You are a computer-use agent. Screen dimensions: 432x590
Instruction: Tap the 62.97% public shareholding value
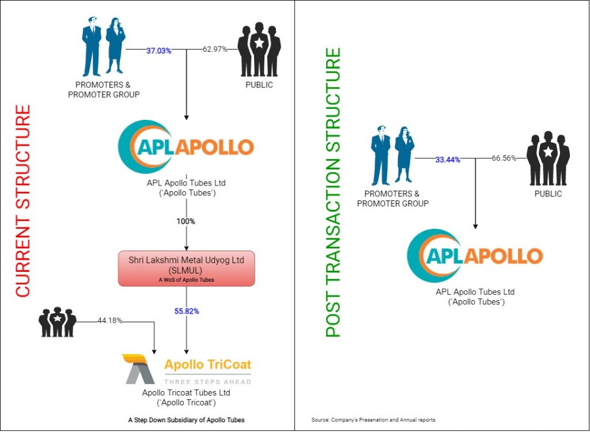[215, 50]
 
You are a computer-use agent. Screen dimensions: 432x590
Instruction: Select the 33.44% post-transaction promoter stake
[448, 160]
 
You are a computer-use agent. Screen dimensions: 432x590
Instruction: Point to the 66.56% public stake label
[504, 157]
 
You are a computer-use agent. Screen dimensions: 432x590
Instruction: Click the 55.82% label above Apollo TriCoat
[187, 312]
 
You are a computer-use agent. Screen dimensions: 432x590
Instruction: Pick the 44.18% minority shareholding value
[110, 321]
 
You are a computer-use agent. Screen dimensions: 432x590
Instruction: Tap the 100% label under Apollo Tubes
[186, 221]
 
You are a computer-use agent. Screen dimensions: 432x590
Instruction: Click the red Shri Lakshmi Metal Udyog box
[186, 268]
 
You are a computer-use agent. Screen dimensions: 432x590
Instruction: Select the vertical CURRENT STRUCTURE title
[22, 201]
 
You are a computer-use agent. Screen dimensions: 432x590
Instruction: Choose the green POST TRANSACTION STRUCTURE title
[334, 192]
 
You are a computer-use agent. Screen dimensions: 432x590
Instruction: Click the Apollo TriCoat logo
[187, 369]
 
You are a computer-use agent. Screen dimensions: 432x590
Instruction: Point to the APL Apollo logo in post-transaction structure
[475, 256]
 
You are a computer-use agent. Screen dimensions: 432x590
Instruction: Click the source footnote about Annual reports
[372, 419]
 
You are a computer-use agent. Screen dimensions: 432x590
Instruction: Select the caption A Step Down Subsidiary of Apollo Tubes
[186, 420]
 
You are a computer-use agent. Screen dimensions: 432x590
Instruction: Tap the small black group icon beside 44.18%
[58, 323]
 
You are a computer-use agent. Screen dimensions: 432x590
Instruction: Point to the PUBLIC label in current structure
[259, 85]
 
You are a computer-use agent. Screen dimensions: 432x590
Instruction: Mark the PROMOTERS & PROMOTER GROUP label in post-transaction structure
[393, 199]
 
